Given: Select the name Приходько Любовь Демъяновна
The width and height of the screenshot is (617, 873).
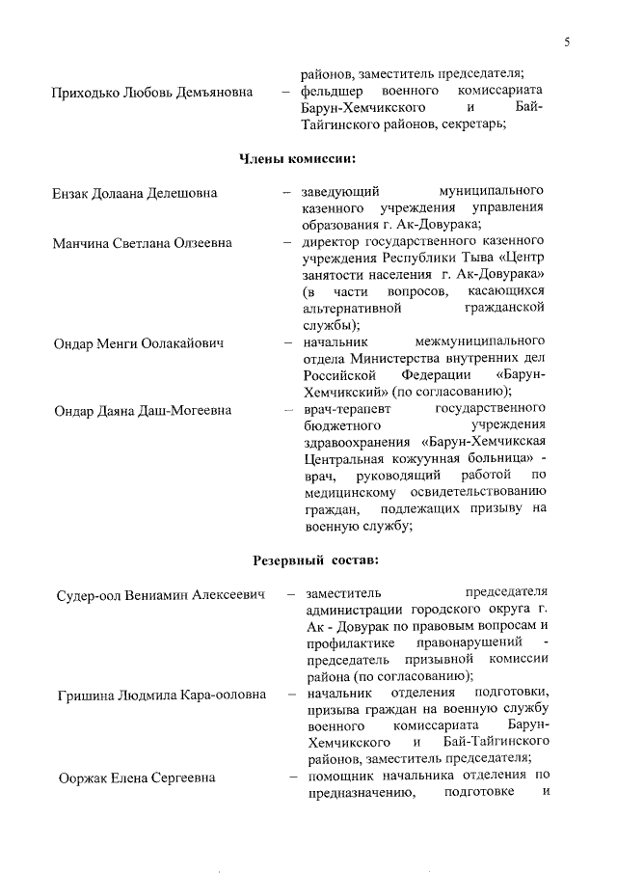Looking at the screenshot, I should [x=152, y=92].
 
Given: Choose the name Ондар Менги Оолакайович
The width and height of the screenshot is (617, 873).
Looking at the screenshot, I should [x=138, y=342].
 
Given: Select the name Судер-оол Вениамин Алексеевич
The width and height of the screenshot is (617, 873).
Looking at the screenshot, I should [x=160, y=593].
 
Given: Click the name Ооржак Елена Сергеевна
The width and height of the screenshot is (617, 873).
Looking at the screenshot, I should [x=136, y=778].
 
